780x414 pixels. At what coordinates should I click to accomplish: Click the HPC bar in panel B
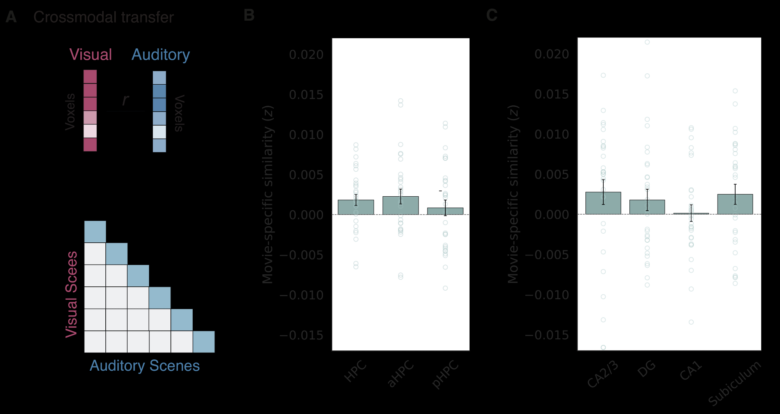pos(356,207)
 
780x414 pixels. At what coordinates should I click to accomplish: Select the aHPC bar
pos(401,206)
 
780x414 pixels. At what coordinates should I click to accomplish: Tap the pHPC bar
pos(445,211)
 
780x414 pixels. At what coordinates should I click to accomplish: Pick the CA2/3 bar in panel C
pos(603,203)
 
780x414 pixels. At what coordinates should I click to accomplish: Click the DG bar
pos(647,207)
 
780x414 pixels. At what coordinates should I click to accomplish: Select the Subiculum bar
pos(735,204)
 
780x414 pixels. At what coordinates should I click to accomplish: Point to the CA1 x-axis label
pos(691,371)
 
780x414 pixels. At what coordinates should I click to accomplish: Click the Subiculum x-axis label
pos(734,384)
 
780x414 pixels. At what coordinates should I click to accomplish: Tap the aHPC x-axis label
pos(400,373)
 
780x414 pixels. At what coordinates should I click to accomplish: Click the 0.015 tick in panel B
pos(306,95)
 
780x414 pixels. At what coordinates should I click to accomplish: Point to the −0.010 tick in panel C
pos(547,295)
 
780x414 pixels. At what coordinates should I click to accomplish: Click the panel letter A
pos(11,17)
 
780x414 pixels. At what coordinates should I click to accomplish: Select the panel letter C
pos(492,15)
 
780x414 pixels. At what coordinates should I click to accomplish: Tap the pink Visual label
pos(90,55)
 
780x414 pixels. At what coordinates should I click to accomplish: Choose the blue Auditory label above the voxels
pos(161,55)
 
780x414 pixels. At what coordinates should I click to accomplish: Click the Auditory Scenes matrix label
pos(145,366)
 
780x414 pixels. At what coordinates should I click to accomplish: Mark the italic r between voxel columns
pos(125,100)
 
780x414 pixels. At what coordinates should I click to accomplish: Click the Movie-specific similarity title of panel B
pos(268,194)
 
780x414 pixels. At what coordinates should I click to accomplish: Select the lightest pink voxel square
pos(90,131)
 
